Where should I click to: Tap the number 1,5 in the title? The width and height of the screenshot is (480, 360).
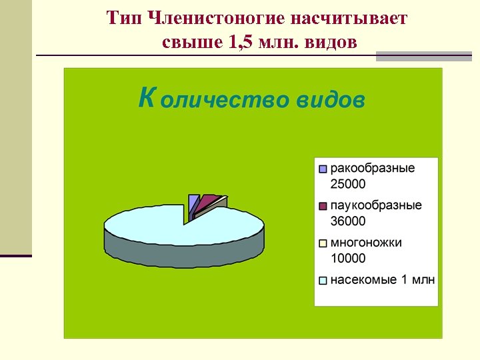click(x=242, y=43)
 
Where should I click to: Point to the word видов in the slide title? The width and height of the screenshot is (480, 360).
click(x=329, y=43)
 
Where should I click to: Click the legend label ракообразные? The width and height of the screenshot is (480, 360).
click(x=372, y=168)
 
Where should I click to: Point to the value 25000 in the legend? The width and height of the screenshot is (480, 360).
click(x=348, y=183)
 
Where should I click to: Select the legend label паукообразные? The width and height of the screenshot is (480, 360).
click(x=376, y=205)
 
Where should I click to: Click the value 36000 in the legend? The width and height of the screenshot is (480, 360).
click(x=348, y=221)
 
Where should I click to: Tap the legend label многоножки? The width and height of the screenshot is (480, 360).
click(x=366, y=243)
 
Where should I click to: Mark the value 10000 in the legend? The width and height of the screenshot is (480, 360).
click(x=348, y=258)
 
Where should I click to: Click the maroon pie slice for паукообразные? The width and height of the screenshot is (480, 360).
click(x=208, y=199)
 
